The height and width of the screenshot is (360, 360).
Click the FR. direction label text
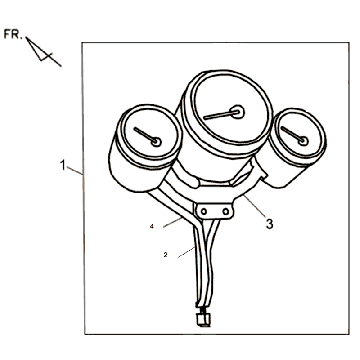13,34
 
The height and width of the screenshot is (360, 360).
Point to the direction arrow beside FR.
43,52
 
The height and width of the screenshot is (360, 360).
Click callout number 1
63,165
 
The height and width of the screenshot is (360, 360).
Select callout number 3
269,224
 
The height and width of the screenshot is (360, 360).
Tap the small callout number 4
152,226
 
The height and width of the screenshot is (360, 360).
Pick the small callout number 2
165,255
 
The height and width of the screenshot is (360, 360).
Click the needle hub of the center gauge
238,112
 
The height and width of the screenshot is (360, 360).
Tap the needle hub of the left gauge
156,142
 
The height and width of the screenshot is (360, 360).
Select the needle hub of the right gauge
303,141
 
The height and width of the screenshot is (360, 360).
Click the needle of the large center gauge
221,115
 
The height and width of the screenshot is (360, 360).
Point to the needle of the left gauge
145,135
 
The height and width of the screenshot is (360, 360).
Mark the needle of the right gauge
292,134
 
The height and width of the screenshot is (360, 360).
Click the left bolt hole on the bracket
204,211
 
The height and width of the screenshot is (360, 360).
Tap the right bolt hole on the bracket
226,211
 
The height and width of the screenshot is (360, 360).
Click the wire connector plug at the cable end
203,319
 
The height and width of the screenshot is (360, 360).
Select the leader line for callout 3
254,206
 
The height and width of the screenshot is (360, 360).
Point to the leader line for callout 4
173,222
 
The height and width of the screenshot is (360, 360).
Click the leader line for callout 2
187,252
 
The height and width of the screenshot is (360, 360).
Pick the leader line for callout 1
74,170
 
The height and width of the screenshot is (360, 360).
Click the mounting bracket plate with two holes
214,211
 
